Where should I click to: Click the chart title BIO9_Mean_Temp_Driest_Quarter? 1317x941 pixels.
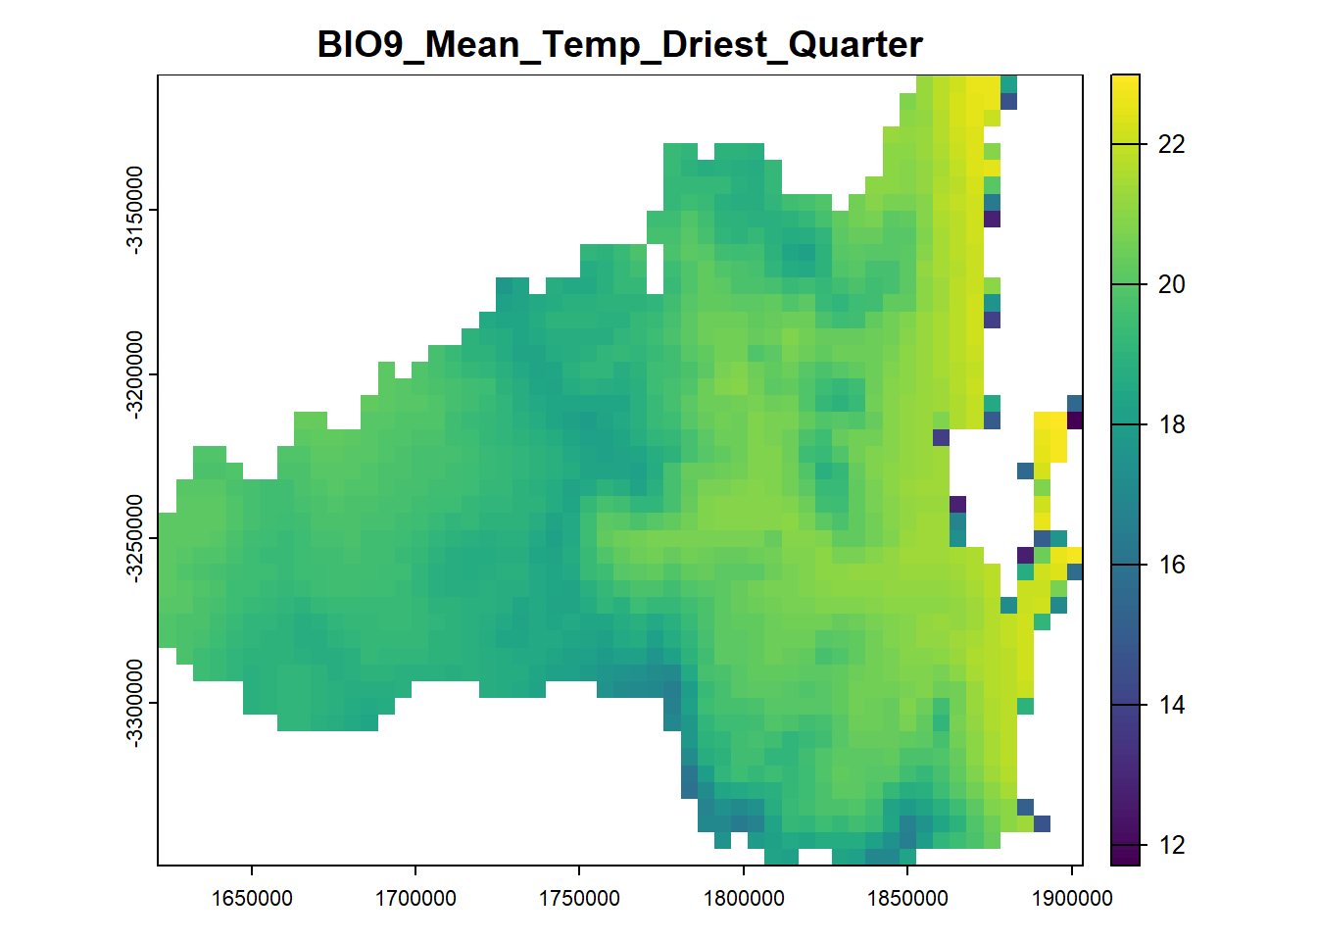619,45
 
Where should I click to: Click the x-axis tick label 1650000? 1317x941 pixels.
252,898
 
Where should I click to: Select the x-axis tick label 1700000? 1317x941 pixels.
415,898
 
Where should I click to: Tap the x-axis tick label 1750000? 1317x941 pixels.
579,898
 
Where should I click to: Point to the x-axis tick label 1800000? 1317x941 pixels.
744,898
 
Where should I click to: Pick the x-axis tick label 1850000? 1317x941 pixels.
907,898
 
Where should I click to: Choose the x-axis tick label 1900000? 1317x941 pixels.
1072,898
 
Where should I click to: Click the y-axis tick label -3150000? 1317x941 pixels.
134,210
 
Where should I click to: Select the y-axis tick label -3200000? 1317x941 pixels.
134,374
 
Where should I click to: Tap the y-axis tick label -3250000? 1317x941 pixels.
134,539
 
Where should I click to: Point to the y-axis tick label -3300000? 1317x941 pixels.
134,704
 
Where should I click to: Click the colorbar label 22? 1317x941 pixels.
1171,144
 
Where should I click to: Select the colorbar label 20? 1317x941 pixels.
1171,284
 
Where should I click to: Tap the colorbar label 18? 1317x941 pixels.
1171,424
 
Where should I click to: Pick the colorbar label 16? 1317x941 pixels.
1171,566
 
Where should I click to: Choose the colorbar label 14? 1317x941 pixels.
1171,705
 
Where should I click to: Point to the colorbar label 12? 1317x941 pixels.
1171,846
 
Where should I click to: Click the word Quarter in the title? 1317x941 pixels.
855,45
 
